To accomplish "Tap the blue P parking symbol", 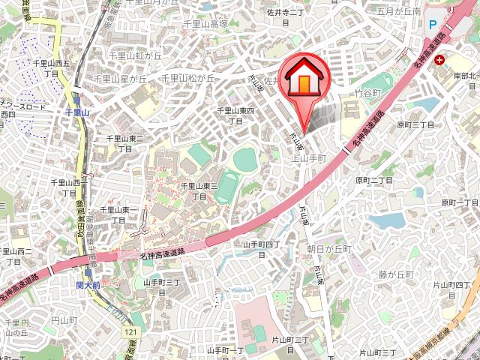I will click(433, 24).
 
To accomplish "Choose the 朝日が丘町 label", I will click(329, 248).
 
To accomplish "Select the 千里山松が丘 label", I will click(189, 78).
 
